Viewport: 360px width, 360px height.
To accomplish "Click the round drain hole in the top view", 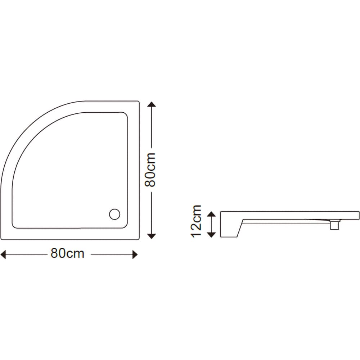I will click(114, 214).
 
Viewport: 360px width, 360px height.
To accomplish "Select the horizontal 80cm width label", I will click(67, 253).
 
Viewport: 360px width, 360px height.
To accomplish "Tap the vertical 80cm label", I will click(150, 170).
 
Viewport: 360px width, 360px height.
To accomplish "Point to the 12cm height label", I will click(197, 221).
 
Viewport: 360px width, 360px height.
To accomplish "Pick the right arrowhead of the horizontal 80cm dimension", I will click(135, 255).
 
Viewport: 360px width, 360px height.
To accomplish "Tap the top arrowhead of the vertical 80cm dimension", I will click(152, 105).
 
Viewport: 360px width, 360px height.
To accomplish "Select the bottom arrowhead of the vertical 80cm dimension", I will click(152, 236).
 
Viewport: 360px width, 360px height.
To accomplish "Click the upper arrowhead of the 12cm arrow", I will click(211, 214).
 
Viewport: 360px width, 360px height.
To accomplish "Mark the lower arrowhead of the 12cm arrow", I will click(211, 235).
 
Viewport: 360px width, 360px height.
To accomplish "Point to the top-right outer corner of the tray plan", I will click(139, 102).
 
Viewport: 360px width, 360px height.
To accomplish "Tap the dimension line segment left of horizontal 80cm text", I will click(27, 255).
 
